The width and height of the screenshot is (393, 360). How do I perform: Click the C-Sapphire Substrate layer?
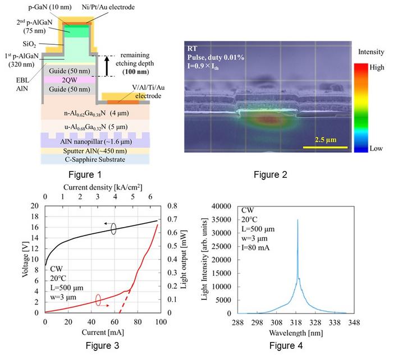point(85,159)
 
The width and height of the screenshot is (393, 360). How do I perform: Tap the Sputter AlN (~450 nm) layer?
point(85,150)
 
